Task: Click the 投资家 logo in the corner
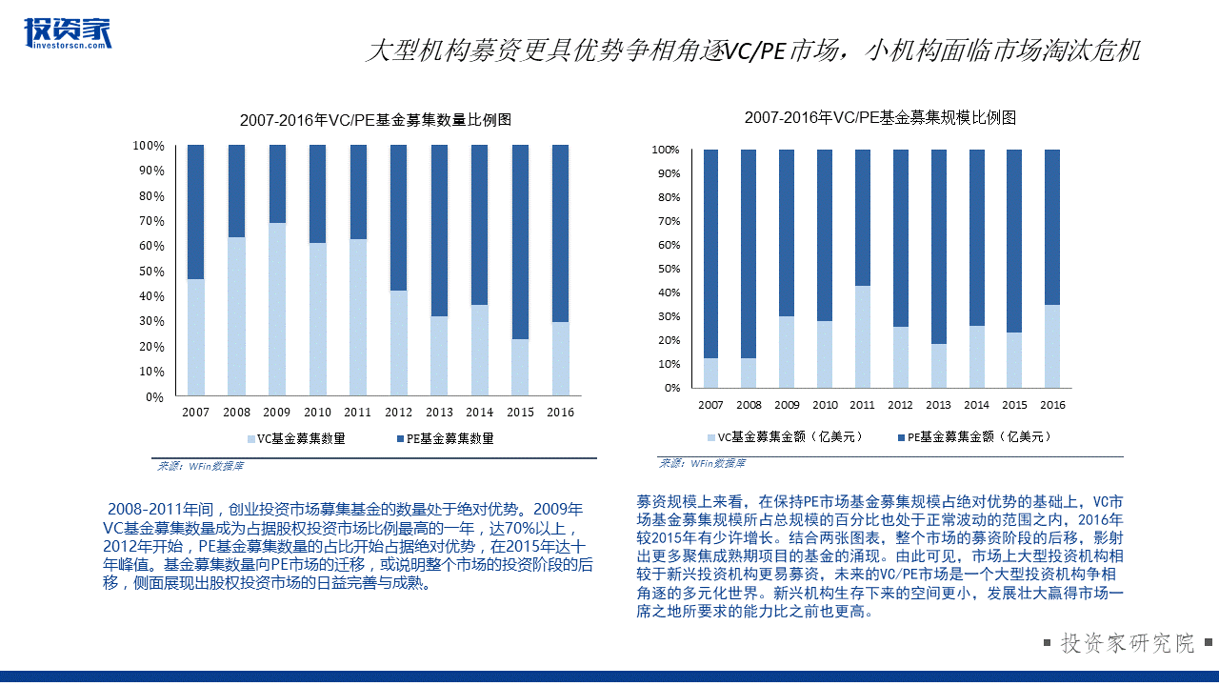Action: click(x=67, y=32)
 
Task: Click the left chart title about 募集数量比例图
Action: click(x=375, y=120)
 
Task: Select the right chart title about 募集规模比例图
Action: click(x=880, y=117)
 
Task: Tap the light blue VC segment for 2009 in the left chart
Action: click(x=277, y=309)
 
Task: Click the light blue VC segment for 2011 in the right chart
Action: click(x=862, y=336)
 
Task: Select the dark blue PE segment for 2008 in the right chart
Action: click(x=749, y=253)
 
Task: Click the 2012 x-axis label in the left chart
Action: click(x=398, y=413)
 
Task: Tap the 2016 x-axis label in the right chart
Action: click(x=1052, y=405)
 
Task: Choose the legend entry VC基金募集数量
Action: click(x=295, y=439)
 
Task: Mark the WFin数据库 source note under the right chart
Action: click(x=703, y=464)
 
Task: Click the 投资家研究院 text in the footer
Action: click(x=1128, y=643)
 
